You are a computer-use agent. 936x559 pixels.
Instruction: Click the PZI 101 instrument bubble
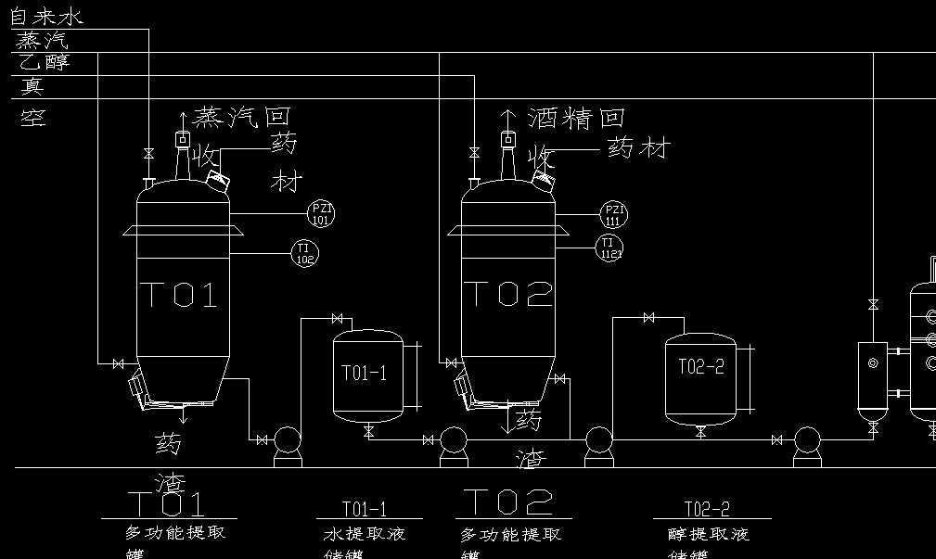coord(320,214)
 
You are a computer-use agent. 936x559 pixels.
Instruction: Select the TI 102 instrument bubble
coord(304,251)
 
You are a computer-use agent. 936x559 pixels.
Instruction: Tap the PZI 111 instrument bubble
coord(613,215)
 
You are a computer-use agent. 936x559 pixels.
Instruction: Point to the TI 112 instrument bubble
coord(609,248)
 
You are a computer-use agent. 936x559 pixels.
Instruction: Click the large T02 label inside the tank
coord(507,294)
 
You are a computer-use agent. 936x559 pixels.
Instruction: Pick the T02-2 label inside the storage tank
coord(700,367)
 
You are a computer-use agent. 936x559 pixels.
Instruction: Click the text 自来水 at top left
coord(45,17)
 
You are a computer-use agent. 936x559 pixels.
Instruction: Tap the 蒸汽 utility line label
coord(43,41)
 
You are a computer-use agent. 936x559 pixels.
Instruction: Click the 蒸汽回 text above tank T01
coord(242,117)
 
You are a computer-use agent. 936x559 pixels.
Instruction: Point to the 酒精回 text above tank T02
coord(577,118)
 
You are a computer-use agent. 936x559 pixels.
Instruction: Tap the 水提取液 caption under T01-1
coord(365,535)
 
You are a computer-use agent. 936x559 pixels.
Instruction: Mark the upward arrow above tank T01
coord(182,117)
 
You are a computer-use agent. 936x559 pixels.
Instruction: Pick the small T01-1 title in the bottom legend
coord(365,509)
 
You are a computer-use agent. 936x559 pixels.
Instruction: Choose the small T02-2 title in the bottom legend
coord(707,509)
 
